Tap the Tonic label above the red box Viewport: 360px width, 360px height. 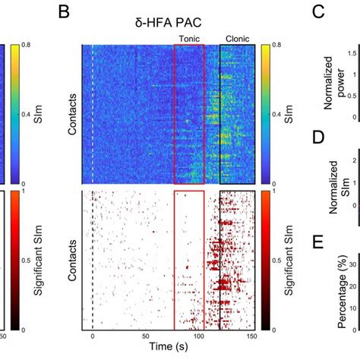click(x=188, y=39)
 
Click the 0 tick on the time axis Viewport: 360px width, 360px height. click(x=93, y=334)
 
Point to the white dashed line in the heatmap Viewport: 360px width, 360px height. click(x=93, y=114)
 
